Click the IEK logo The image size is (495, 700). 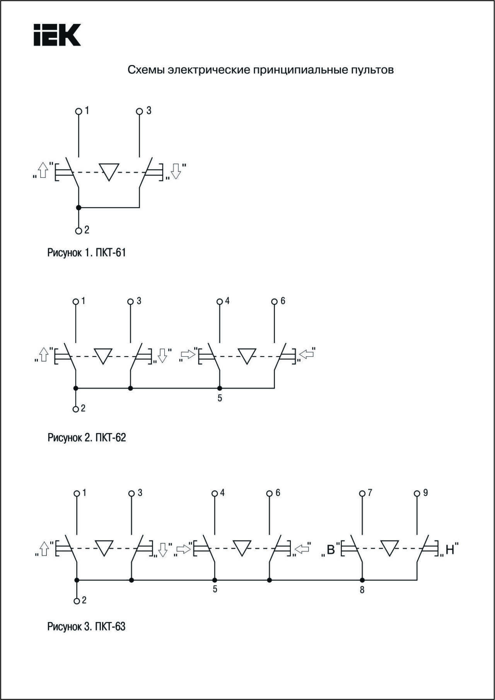pyautogui.click(x=57, y=35)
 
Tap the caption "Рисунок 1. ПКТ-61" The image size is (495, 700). pyautogui.click(x=87, y=253)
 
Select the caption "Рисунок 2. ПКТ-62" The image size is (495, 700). pyautogui.click(x=87, y=437)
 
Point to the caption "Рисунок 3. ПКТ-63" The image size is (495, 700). pyautogui.click(x=87, y=626)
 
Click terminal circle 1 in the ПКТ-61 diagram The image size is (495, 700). pyautogui.click(x=79, y=112)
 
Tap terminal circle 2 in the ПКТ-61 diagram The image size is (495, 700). pyautogui.click(x=79, y=231)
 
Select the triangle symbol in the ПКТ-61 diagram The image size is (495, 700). pyautogui.click(x=109, y=172)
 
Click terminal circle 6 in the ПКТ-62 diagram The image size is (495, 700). pyautogui.click(x=274, y=302)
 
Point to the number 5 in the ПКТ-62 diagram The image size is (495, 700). pyautogui.click(x=220, y=398)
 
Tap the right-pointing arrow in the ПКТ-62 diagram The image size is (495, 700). pyautogui.click(x=188, y=354)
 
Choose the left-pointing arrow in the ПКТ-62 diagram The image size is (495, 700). pyautogui.click(x=307, y=354)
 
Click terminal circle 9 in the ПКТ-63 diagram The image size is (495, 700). pyautogui.click(x=417, y=494)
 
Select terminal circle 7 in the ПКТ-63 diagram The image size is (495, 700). pyautogui.click(x=362, y=494)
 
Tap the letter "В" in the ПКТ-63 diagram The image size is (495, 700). pyautogui.click(x=331, y=549)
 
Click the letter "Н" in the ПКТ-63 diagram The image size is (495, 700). pyautogui.click(x=450, y=549)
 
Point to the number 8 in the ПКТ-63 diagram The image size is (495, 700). pyautogui.click(x=362, y=590)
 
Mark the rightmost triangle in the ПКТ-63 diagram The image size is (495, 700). pyautogui.click(x=389, y=548)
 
